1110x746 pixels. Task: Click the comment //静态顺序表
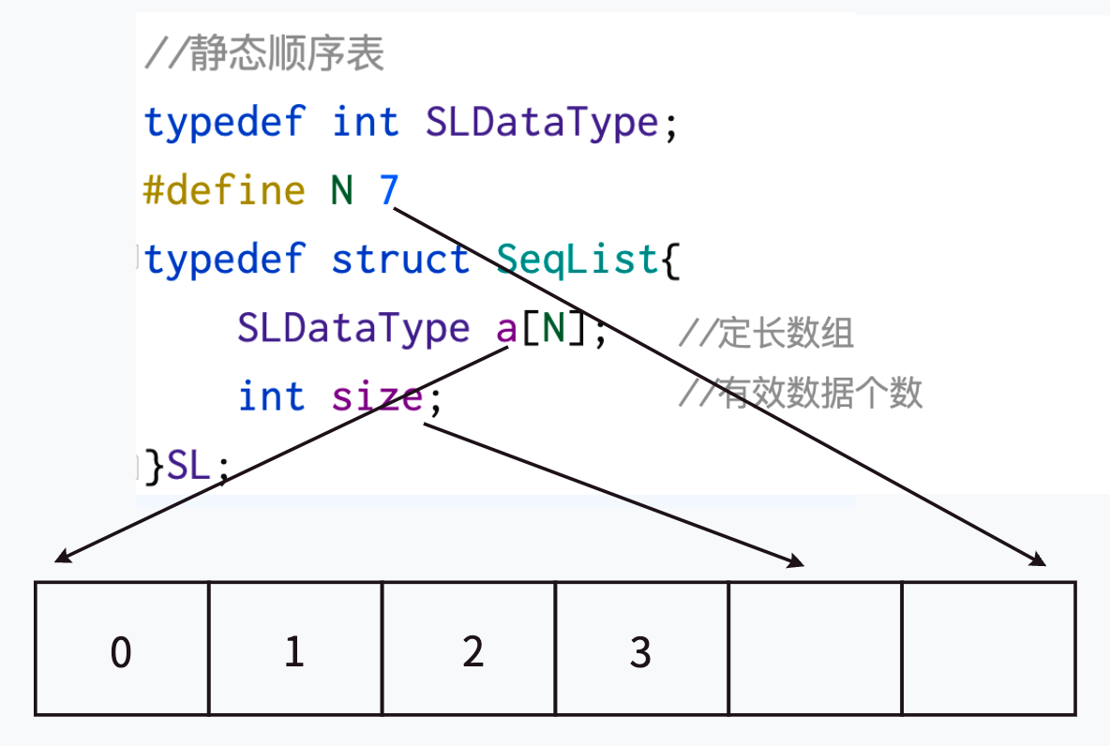(x=263, y=55)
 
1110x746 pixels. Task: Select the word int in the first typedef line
(x=366, y=123)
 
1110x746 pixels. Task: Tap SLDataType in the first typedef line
(x=542, y=123)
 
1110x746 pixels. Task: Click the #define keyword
(x=224, y=191)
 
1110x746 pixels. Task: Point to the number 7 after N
(x=389, y=191)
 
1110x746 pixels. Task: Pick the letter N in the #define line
(x=342, y=191)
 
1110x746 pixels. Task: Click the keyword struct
(x=400, y=260)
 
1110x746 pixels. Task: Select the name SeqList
(x=577, y=260)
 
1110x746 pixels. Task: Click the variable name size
(x=377, y=396)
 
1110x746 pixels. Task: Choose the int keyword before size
(x=272, y=396)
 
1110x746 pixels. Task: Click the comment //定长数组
(x=766, y=333)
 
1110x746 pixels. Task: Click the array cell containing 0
(x=121, y=649)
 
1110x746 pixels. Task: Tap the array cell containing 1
(x=294, y=649)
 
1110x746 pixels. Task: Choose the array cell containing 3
(x=641, y=649)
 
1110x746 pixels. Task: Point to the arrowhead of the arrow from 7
(x=1040, y=561)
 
